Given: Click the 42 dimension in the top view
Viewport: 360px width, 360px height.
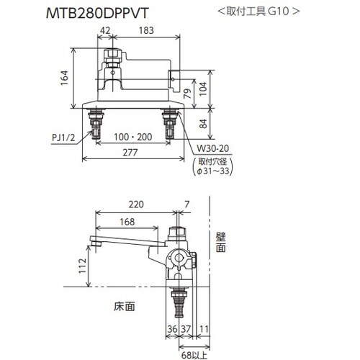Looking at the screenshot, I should click(105, 31).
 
